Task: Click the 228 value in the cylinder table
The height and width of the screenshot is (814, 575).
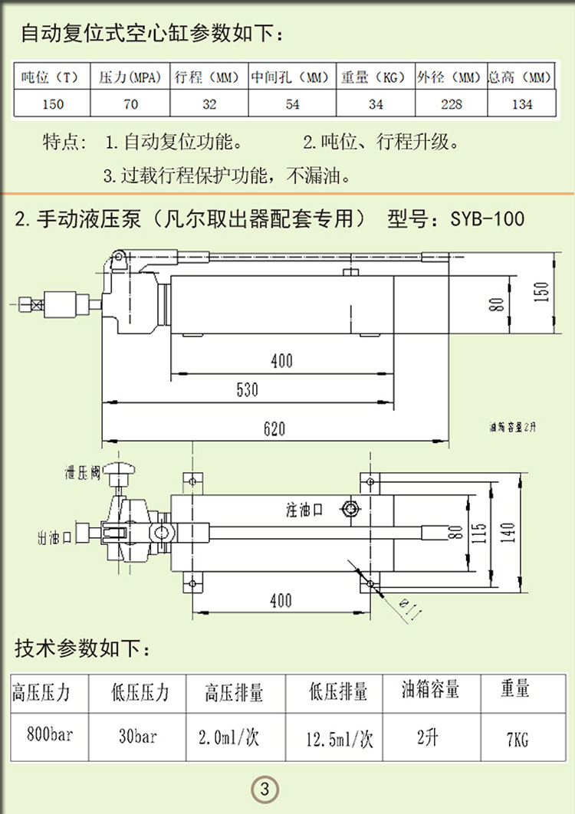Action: (x=452, y=104)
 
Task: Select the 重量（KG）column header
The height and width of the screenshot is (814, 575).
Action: (x=373, y=77)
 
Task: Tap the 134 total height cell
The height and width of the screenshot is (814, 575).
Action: (x=521, y=104)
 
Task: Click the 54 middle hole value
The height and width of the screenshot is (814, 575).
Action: (x=292, y=104)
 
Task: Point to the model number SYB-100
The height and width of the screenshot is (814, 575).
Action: (x=488, y=219)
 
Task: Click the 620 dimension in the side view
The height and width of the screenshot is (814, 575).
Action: (x=274, y=428)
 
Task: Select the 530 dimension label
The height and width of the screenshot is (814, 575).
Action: (x=247, y=389)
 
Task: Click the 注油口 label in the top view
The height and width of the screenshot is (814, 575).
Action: (x=305, y=508)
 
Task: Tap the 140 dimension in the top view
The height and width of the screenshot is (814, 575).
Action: (x=508, y=530)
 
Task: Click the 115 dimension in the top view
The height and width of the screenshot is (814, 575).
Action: (x=480, y=531)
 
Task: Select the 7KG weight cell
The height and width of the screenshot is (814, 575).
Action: (x=517, y=739)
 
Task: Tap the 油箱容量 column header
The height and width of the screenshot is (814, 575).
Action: (x=430, y=689)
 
